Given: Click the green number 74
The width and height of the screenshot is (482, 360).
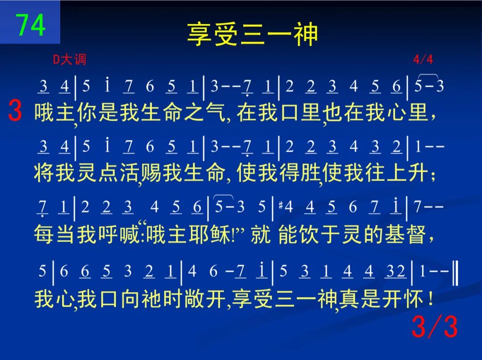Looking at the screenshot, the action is tap(30, 25).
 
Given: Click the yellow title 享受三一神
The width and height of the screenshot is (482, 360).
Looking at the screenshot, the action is tap(252, 34).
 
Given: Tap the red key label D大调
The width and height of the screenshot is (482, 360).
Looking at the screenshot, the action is tap(70, 59).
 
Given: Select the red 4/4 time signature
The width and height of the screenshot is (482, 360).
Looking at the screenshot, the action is tap(423, 59).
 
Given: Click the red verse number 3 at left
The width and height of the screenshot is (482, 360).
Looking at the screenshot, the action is tap(15, 110).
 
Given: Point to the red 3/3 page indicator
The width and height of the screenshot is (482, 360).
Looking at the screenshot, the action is tap(435, 326).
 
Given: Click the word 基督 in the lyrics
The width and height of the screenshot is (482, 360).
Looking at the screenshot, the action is tap(405, 234).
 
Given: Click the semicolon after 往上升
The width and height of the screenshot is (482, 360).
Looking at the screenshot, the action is tap(433, 176).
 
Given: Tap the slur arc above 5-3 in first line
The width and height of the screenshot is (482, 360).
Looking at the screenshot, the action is tap(428, 75).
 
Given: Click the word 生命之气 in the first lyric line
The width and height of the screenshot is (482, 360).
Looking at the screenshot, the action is tap(183, 112).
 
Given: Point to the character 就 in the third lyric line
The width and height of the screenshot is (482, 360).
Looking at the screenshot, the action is tap(261, 234).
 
